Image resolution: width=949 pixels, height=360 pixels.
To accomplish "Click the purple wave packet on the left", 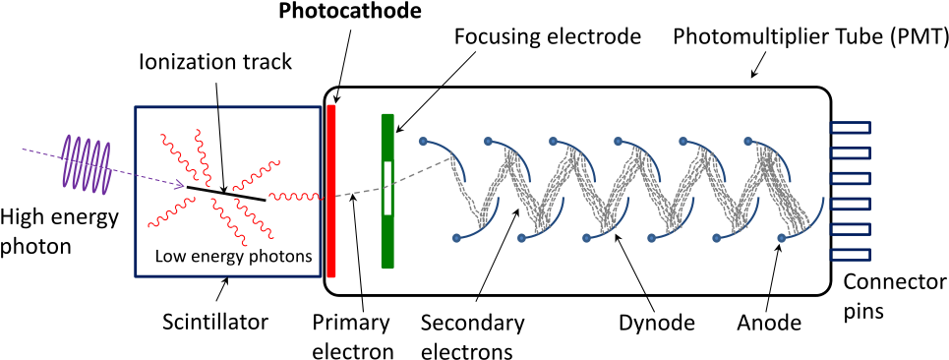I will point(86,162).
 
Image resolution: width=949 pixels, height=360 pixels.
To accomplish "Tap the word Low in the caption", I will point(171,258).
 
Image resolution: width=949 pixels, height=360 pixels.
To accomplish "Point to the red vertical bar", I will point(331,191).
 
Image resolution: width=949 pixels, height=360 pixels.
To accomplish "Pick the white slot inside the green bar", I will point(387,188).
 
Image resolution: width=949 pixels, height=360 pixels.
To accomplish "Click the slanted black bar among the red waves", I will point(226,194).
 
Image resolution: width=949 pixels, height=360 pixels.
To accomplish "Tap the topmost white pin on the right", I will point(851,128).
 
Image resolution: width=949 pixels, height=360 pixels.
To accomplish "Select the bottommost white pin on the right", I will point(851,255).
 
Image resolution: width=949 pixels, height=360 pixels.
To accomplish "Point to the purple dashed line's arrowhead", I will point(180,184).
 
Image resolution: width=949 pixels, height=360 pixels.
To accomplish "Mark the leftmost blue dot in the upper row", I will point(424,141).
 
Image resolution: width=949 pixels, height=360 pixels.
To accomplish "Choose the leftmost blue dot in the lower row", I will point(456,238).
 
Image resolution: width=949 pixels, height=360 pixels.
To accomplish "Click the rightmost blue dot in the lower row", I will point(781,238).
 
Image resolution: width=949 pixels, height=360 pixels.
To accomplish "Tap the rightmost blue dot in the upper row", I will point(748,141).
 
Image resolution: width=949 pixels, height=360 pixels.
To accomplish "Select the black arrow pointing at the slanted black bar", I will point(220,148).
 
